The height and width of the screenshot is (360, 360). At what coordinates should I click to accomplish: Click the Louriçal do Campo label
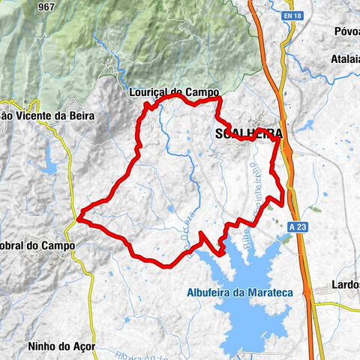pos(173,91)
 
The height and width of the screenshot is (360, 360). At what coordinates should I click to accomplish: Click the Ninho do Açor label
pos(59,346)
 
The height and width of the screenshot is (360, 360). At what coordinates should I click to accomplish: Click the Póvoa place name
pos(346,31)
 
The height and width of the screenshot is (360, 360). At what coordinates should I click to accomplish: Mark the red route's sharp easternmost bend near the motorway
pos(283,201)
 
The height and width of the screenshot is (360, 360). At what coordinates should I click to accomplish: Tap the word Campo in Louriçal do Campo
pos(202,91)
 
